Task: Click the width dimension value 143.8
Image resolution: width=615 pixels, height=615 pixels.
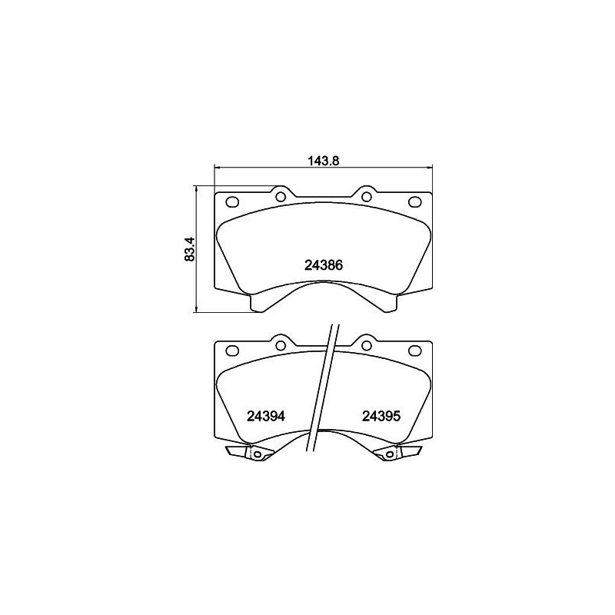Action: tap(323, 161)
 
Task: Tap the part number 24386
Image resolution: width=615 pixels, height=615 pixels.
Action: tap(323, 265)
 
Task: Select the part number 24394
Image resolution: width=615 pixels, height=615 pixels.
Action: tap(266, 416)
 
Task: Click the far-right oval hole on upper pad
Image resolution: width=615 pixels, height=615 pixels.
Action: tap(415, 203)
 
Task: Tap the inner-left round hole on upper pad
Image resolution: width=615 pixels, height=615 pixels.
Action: tap(280, 197)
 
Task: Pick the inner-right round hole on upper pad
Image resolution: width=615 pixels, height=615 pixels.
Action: tap(366, 197)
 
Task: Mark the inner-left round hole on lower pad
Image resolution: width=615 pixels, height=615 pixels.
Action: tap(280, 345)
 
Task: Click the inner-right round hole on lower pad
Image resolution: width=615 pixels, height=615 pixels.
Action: tap(366, 345)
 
